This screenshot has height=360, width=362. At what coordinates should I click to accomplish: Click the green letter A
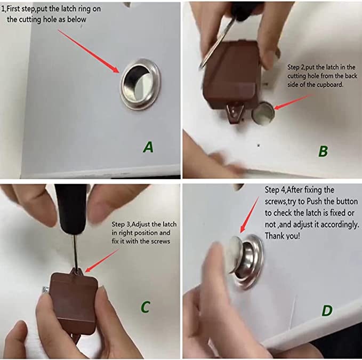tap(148, 147)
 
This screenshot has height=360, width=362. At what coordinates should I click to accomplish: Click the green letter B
tap(323, 151)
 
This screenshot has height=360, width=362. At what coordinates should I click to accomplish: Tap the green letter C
tap(146, 307)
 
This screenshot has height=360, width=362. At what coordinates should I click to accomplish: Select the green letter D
tap(327, 310)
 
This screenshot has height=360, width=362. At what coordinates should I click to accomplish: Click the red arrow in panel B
tap(293, 101)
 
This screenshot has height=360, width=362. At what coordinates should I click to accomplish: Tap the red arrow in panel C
tap(102, 260)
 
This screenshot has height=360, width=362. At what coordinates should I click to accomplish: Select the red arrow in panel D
tap(250, 215)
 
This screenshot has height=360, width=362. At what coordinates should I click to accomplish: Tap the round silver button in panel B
tap(263, 114)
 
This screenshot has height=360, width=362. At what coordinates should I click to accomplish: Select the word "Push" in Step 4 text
tap(314, 202)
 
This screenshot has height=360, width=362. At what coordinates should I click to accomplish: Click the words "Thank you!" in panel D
tap(283, 236)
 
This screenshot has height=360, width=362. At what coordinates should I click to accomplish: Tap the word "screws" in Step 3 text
tap(160, 242)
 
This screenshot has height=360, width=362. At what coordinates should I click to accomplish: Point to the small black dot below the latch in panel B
tap(259, 145)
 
